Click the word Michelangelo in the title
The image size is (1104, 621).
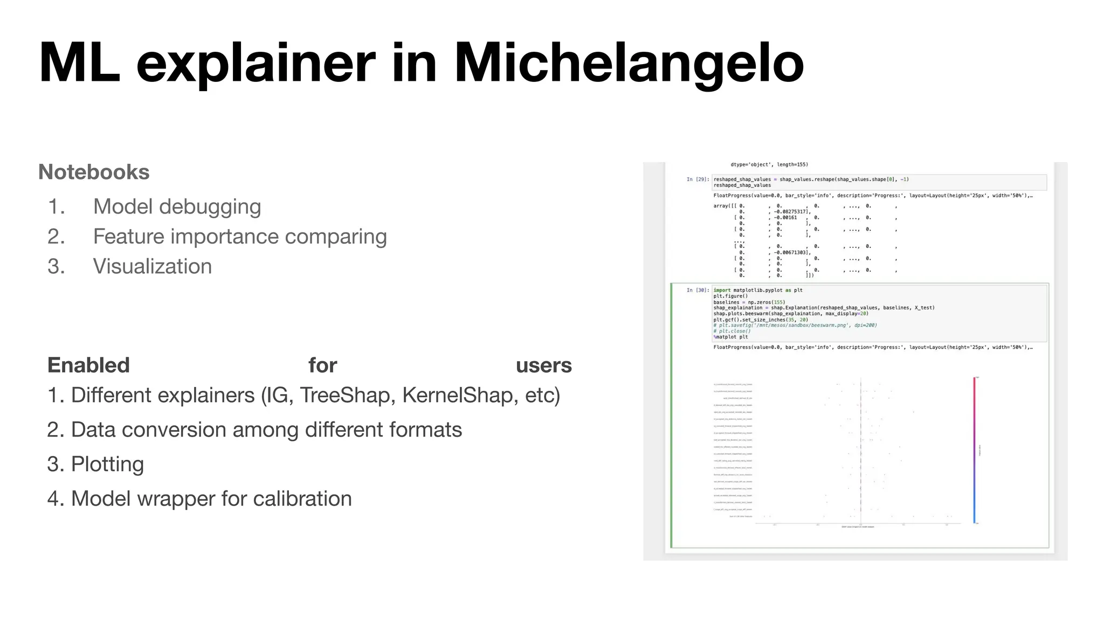(629, 64)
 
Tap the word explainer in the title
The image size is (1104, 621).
(256, 64)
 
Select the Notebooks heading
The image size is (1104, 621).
(94, 172)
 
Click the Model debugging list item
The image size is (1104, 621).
(177, 206)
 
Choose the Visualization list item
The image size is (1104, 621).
(153, 266)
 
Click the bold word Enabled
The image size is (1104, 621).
(89, 365)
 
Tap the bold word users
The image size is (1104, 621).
(543, 365)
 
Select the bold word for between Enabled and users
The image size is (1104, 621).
(322, 365)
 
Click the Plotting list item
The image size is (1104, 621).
(107, 464)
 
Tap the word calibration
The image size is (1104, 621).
(302, 499)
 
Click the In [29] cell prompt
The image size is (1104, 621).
(698, 180)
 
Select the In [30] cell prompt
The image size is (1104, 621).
(698, 290)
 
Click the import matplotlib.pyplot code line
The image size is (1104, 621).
(757, 290)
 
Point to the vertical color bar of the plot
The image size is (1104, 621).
(974, 450)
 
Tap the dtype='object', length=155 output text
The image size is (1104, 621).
(769, 164)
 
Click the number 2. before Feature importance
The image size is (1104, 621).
(56, 237)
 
